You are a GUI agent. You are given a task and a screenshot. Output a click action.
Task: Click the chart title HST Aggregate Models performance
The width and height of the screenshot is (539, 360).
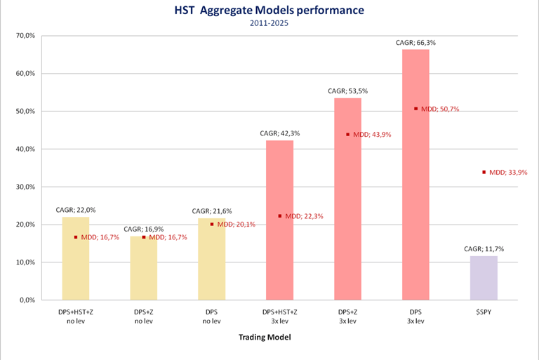(269, 11)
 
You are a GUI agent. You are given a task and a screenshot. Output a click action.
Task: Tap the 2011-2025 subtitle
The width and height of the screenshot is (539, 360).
(269, 23)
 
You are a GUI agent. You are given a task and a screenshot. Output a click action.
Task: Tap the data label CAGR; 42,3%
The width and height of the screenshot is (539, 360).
(279, 133)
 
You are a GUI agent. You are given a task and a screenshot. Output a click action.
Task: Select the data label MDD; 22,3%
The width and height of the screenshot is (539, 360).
(304, 216)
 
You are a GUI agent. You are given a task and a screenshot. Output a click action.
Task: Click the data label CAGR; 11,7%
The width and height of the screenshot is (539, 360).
(484, 248)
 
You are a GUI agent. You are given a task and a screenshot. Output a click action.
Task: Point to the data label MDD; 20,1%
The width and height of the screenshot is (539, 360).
(236, 225)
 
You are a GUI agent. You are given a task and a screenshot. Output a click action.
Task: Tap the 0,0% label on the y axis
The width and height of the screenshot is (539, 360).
(26, 300)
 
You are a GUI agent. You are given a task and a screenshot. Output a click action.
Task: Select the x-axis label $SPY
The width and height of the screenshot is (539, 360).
(484, 312)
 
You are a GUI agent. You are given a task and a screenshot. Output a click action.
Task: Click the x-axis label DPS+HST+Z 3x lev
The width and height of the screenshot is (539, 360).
(279, 316)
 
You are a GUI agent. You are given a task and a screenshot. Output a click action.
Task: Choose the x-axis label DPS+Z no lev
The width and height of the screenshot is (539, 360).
(144, 316)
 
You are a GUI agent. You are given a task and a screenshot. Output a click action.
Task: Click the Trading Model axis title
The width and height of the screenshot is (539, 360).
(269, 338)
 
